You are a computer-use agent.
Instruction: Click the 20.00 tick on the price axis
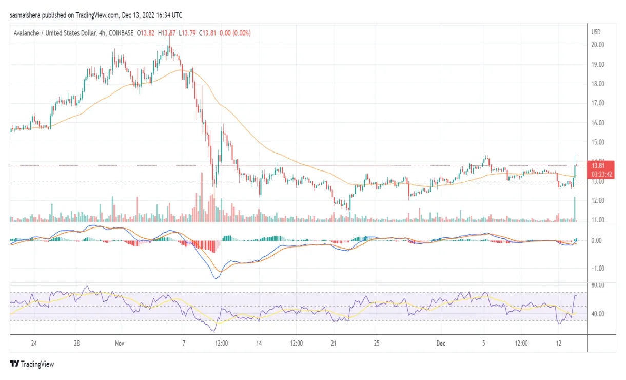(597, 45)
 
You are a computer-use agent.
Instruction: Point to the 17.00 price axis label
(597, 103)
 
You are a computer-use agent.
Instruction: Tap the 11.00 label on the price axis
(597, 220)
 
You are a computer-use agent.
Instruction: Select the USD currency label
(596, 32)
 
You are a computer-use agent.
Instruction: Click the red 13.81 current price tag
(597, 166)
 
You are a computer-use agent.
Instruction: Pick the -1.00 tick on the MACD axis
(597, 268)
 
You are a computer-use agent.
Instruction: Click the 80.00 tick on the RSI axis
(597, 285)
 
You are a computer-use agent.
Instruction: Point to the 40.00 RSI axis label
(597, 314)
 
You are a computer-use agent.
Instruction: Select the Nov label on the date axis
(120, 343)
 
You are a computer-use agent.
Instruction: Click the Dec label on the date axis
(441, 343)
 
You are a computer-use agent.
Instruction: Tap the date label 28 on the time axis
(76, 343)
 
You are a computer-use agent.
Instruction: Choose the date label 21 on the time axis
(333, 343)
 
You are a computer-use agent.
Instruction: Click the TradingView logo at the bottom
(32, 364)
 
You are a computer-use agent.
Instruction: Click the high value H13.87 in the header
(167, 33)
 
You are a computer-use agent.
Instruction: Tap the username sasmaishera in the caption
(26, 15)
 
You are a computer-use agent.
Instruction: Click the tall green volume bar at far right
(575, 209)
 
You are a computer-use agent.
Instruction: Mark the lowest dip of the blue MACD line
(216, 278)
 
